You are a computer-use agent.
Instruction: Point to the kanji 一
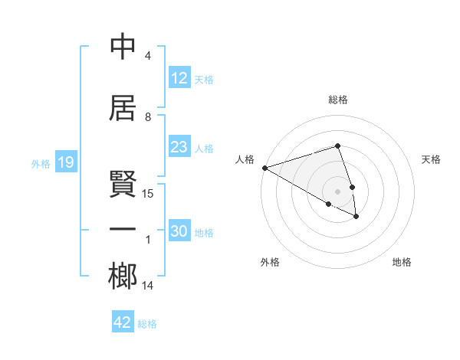pos(123,230)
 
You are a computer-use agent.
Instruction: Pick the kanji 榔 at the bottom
pos(123,277)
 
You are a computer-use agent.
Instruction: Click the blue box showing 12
pos(179,78)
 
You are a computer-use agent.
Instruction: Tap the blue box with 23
pos(179,147)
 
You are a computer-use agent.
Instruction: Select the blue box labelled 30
pos(179,231)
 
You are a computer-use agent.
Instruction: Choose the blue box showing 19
pos(65,162)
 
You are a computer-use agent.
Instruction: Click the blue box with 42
pos(123,322)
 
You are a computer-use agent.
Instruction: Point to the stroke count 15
pos(148,194)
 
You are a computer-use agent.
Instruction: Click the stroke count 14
pos(148,286)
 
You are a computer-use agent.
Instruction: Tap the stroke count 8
pos(148,117)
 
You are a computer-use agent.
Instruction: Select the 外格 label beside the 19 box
pos(41,163)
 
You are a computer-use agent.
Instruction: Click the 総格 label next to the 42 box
pos(148,324)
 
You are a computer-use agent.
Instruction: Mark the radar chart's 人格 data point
pos(264,168)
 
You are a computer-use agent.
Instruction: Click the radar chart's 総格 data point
pos(337,146)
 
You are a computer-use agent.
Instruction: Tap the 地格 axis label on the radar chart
pos(402,263)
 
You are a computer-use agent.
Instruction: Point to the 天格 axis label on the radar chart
pos(431,159)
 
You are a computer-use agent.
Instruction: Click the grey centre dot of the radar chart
pos(337,190)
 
